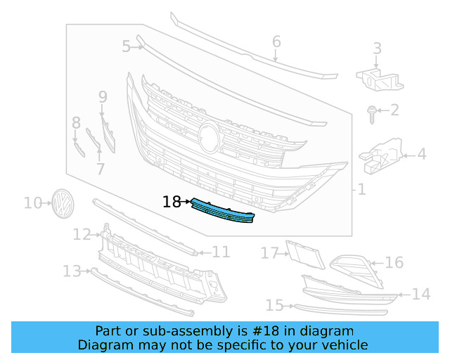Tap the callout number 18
click(x=172, y=202)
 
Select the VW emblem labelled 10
click(x=63, y=203)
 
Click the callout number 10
click(x=33, y=203)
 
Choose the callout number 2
click(x=394, y=110)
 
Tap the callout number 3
click(x=378, y=49)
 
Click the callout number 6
click(x=276, y=41)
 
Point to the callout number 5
click(x=126, y=47)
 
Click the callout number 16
click(x=394, y=263)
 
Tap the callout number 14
click(x=420, y=294)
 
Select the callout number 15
click(x=274, y=305)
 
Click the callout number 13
click(x=72, y=271)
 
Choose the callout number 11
click(x=221, y=252)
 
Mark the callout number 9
click(x=103, y=97)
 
